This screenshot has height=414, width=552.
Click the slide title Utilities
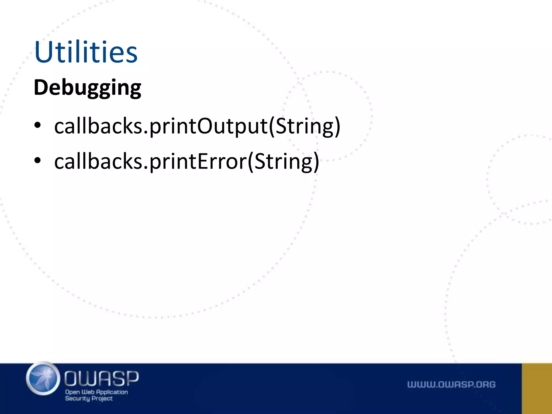coord(86,52)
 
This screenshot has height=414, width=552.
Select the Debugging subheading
coord(87,88)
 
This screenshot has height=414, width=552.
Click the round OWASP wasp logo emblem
coord(43,379)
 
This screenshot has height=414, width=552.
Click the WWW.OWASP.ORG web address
coord(451,384)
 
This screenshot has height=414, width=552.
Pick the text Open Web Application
coord(96,392)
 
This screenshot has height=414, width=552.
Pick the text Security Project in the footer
coord(89,398)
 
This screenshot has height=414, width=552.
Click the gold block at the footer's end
coord(537,388)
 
